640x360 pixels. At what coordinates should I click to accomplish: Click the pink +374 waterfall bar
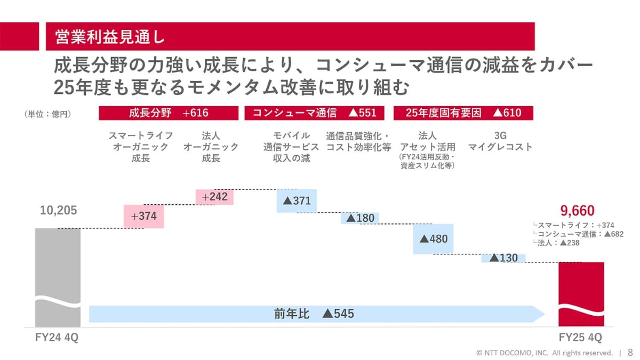click(x=143, y=217)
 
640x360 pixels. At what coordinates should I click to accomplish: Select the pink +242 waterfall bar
click(x=214, y=197)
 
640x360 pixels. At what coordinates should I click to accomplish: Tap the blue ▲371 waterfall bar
click(x=297, y=201)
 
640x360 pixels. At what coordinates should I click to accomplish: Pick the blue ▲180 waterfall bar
click(x=360, y=218)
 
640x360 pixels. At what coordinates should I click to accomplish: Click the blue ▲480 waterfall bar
click(x=433, y=239)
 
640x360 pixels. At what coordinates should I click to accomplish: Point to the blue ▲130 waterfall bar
click(x=503, y=258)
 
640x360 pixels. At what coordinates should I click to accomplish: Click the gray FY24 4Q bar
click(x=58, y=277)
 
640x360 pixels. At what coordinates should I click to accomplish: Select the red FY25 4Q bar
click(x=581, y=294)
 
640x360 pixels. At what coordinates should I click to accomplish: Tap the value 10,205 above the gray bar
click(x=58, y=210)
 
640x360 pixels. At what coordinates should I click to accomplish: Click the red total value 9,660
click(x=577, y=211)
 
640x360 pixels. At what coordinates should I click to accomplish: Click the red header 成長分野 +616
click(x=169, y=113)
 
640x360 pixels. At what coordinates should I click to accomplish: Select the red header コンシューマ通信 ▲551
click(x=314, y=113)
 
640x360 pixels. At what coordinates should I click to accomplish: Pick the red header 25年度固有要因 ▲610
click(x=463, y=113)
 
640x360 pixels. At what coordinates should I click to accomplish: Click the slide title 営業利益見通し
click(x=110, y=37)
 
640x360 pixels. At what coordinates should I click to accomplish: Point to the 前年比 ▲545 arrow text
click(x=314, y=314)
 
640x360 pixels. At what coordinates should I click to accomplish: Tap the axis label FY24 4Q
click(x=57, y=338)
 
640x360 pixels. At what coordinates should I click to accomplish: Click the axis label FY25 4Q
click(x=580, y=338)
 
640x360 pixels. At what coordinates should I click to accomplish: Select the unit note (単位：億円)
click(x=47, y=114)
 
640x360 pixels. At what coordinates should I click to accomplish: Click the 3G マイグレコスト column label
click(x=500, y=141)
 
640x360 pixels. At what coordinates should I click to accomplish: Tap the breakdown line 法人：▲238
click(x=556, y=243)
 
